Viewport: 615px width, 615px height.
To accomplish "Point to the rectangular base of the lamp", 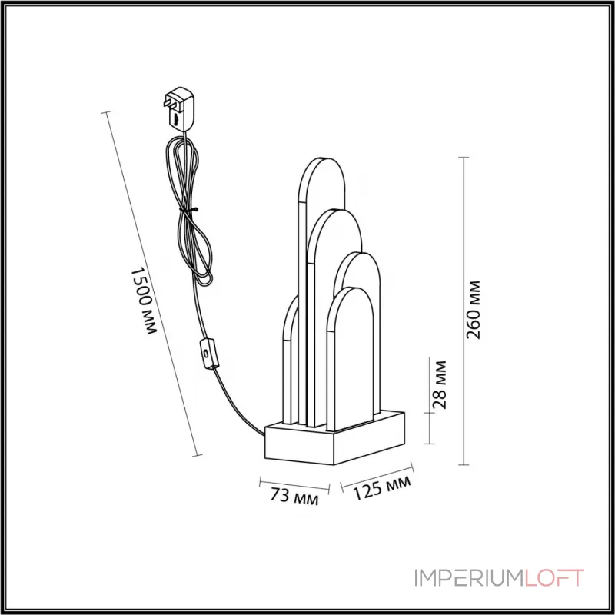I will [x=336, y=438].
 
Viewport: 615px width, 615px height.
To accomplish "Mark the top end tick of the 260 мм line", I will [x=464, y=157].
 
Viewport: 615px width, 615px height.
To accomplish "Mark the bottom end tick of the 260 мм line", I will [x=464, y=464].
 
